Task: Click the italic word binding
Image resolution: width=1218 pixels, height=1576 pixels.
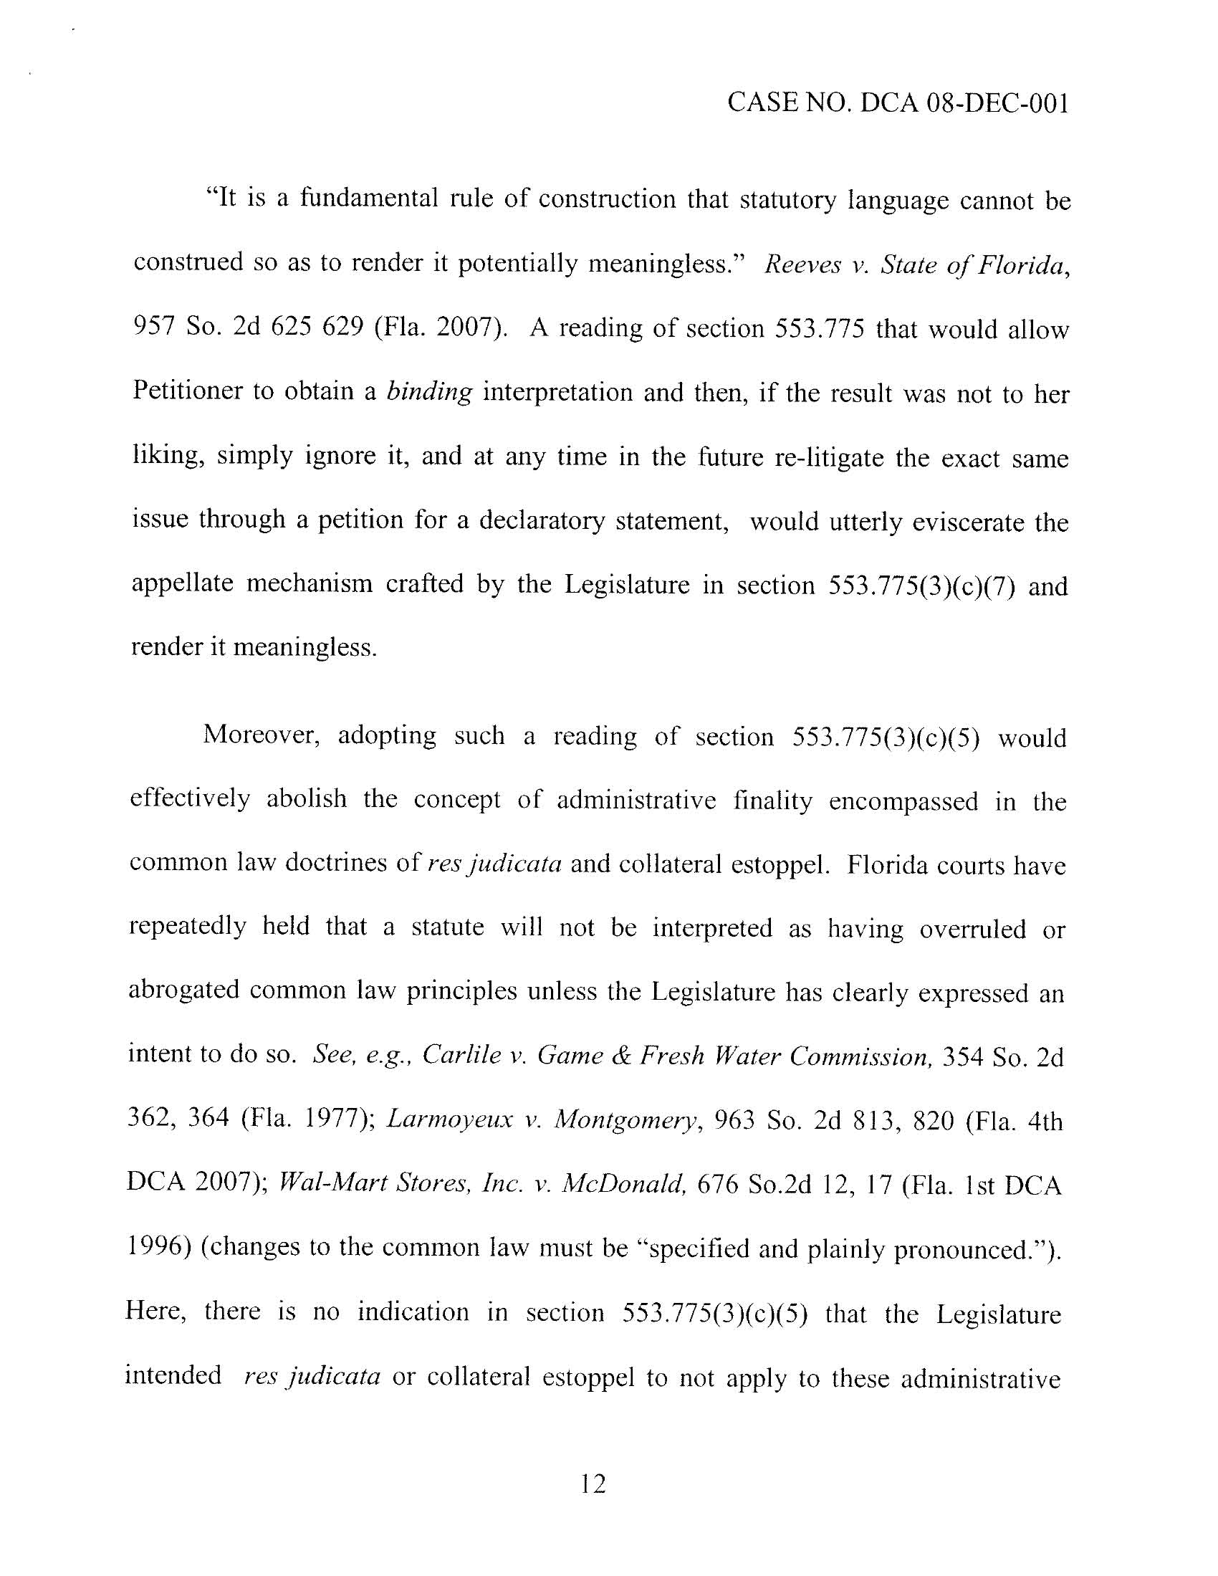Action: point(429,392)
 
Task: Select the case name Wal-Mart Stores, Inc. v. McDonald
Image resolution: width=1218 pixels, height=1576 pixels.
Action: point(482,1184)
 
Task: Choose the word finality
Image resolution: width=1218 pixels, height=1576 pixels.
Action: point(772,801)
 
